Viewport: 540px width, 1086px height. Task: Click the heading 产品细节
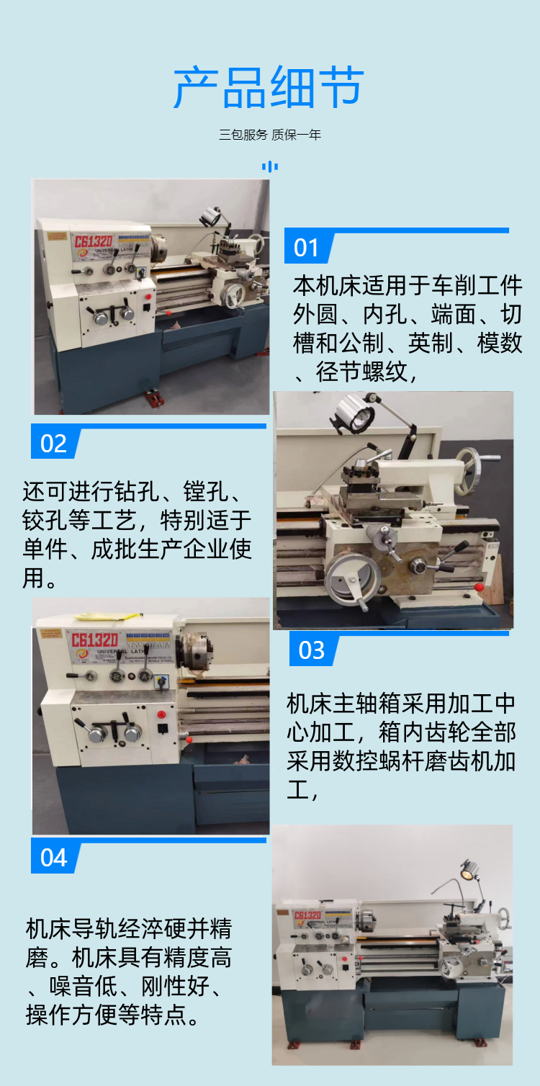[269, 88]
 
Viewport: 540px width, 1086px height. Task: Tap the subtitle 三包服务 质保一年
[270, 135]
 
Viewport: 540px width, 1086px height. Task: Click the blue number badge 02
[55, 443]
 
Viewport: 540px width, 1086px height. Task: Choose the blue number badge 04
[55, 858]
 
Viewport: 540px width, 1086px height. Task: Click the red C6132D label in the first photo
[93, 241]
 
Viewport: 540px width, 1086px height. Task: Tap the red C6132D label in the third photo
[94, 640]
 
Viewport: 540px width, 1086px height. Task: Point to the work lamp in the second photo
[354, 413]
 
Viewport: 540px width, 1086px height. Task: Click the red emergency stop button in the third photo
[161, 714]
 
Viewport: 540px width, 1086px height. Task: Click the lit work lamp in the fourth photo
[468, 869]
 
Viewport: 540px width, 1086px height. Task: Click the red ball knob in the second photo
[479, 587]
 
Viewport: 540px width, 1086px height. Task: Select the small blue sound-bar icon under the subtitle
[270, 167]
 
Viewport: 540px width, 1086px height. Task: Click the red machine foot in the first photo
[156, 398]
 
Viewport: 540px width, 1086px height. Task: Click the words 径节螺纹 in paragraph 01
[361, 372]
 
